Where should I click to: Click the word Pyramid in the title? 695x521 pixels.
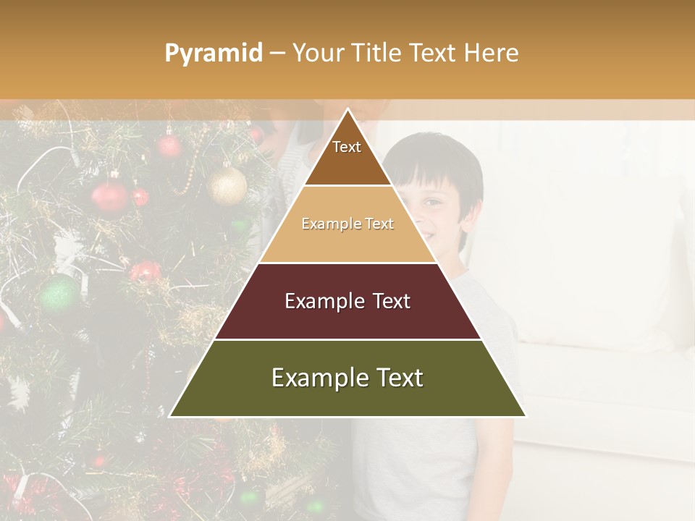[x=213, y=54]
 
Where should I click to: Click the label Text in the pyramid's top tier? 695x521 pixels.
[x=347, y=147]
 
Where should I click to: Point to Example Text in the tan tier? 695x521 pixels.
[x=347, y=224]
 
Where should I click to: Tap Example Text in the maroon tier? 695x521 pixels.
[x=347, y=301]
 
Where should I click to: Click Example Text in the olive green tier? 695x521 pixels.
[x=347, y=378]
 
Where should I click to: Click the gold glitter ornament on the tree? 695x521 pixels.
[x=227, y=185]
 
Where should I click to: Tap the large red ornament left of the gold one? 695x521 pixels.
[x=110, y=196]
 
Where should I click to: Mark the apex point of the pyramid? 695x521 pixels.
[x=347, y=109]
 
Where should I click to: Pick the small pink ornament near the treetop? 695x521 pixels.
[x=169, y=146]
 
